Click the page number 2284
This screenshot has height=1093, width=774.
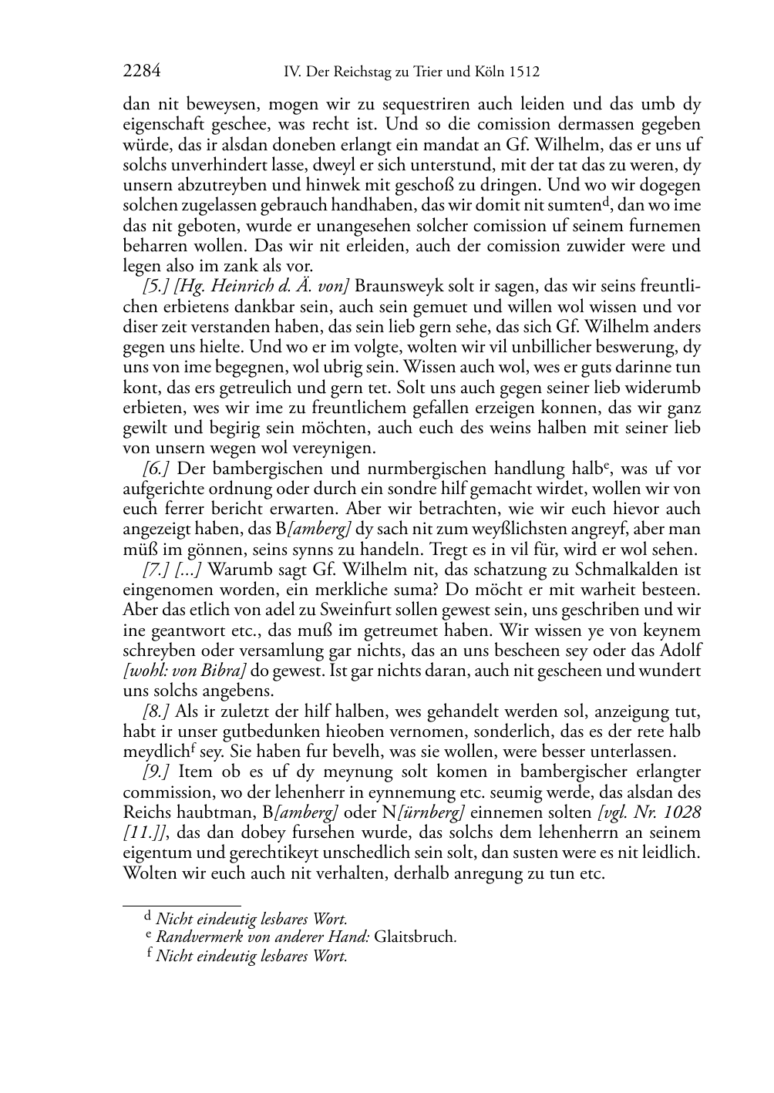[x=141, y=72]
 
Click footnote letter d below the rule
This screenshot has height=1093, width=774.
[x=148, y=917]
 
